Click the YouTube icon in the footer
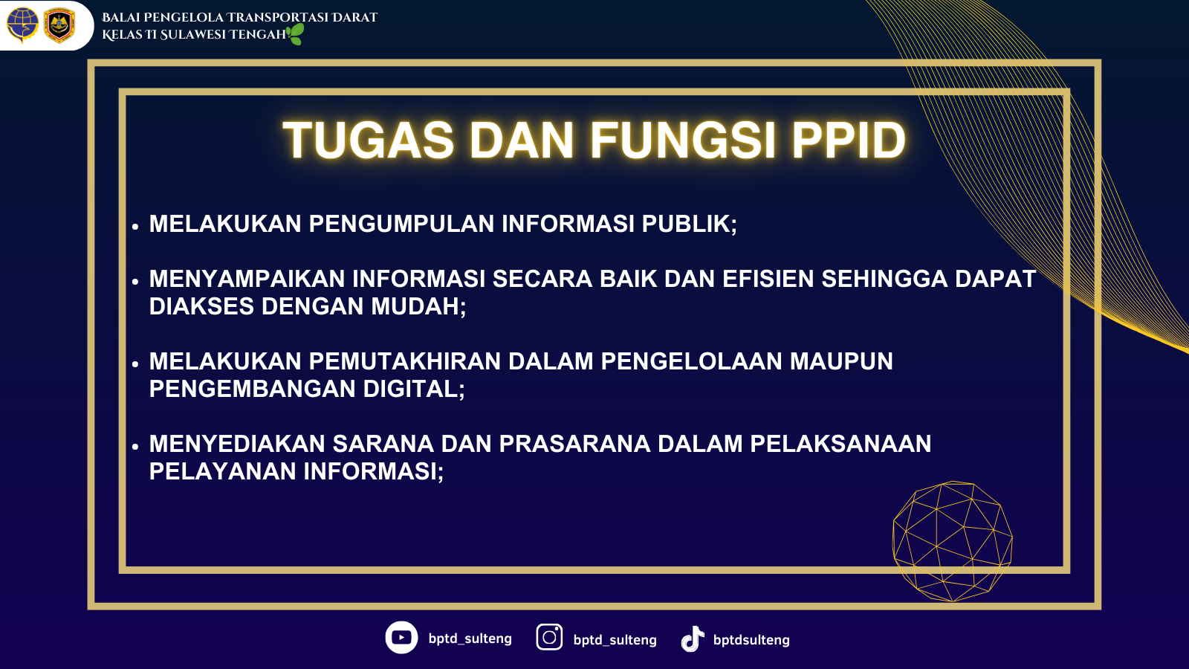[x=401, y=637]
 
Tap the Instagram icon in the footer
[x=549, y=637]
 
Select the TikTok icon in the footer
[x=693, y=639]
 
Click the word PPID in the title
[x=849, y=140]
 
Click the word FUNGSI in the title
[x=683, y=140]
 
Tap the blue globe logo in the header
[x=22, y=25]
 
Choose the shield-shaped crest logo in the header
[x=59, y=25]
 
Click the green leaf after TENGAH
[x=296, y=34]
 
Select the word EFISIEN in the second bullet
[x=768, y=279]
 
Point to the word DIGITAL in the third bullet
[x=414, y=390]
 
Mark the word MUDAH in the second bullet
[x=418, y=306]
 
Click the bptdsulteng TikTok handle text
[x=751, y=640]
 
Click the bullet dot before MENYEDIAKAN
[x=135, y=447]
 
